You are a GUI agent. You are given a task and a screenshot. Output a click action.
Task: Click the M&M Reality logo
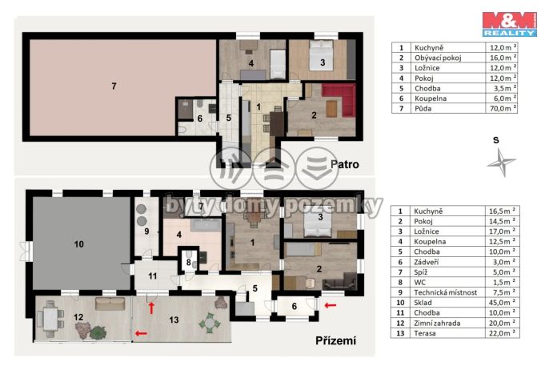pyautogui.click(x=510, y=24)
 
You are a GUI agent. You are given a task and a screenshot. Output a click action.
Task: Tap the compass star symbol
pyautogui.click(x=501, y=162)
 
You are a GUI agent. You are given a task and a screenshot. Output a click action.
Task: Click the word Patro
pyautogui.click(x=345, y=164)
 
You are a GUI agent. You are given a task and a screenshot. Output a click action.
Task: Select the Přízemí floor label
pyautogui.click(x=336, y=340)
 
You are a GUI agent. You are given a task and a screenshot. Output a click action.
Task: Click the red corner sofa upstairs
pyautogui.click(x=341, y=99)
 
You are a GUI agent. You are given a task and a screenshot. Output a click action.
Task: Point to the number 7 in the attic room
pyautogui.click(x=114, y=86)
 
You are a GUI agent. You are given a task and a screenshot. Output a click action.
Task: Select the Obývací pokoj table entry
pyautogui.click(x=438, y=58)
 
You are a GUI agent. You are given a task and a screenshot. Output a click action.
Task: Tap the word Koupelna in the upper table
pyautogui.click(x=431, y=99)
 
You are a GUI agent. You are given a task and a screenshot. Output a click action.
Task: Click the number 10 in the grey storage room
pyautogui.click(x=79, y=244)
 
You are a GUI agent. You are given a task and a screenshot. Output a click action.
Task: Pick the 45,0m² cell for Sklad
pyautogui.click(x=503, y=302)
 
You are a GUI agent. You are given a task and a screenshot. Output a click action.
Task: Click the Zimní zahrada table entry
pyautogui.click(x=437, y=323)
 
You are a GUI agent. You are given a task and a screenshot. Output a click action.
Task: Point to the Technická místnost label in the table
pyautogui.click(x=445, y=292)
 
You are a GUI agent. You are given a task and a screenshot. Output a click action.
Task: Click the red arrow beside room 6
pyautogui.click(x=331, y=306)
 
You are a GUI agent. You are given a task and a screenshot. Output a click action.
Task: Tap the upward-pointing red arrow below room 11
pyautogui.click(x=151, y=308)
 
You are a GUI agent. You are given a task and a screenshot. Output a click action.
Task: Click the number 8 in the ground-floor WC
pyautogui.click(x=189, y=263)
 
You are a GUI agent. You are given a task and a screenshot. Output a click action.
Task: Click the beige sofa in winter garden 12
pyautogui.click(x=110, y=304)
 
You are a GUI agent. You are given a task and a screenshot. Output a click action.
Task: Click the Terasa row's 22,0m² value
pyautogui.click(x=503, y=333)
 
